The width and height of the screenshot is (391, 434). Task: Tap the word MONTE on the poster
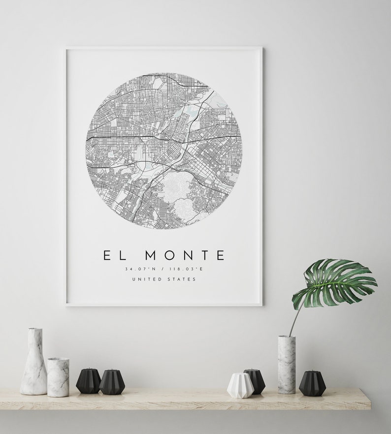[186, 255]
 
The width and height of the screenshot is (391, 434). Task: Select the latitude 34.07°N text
[140, 269]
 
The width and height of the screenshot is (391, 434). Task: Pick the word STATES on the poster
[183, 279]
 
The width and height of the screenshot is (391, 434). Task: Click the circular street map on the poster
[163, 151]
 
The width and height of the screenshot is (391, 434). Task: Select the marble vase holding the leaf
[286, 364]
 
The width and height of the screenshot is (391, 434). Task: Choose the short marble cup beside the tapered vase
[58, 377]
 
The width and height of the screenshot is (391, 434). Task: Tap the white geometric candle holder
[240, 385]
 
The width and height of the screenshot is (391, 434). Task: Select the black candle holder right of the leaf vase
[312, 383]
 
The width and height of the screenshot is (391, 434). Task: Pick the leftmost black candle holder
[88, 381]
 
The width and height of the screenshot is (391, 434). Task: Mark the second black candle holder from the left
[112, 382]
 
